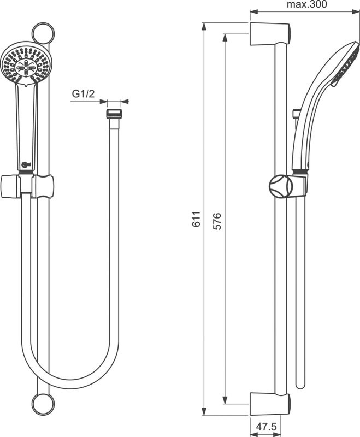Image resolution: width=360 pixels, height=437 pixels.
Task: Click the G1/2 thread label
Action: click(84, 94)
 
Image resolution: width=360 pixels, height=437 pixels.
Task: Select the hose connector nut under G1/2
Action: click(113, 115)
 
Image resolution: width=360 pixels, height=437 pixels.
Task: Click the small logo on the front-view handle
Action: click(25, 162)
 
